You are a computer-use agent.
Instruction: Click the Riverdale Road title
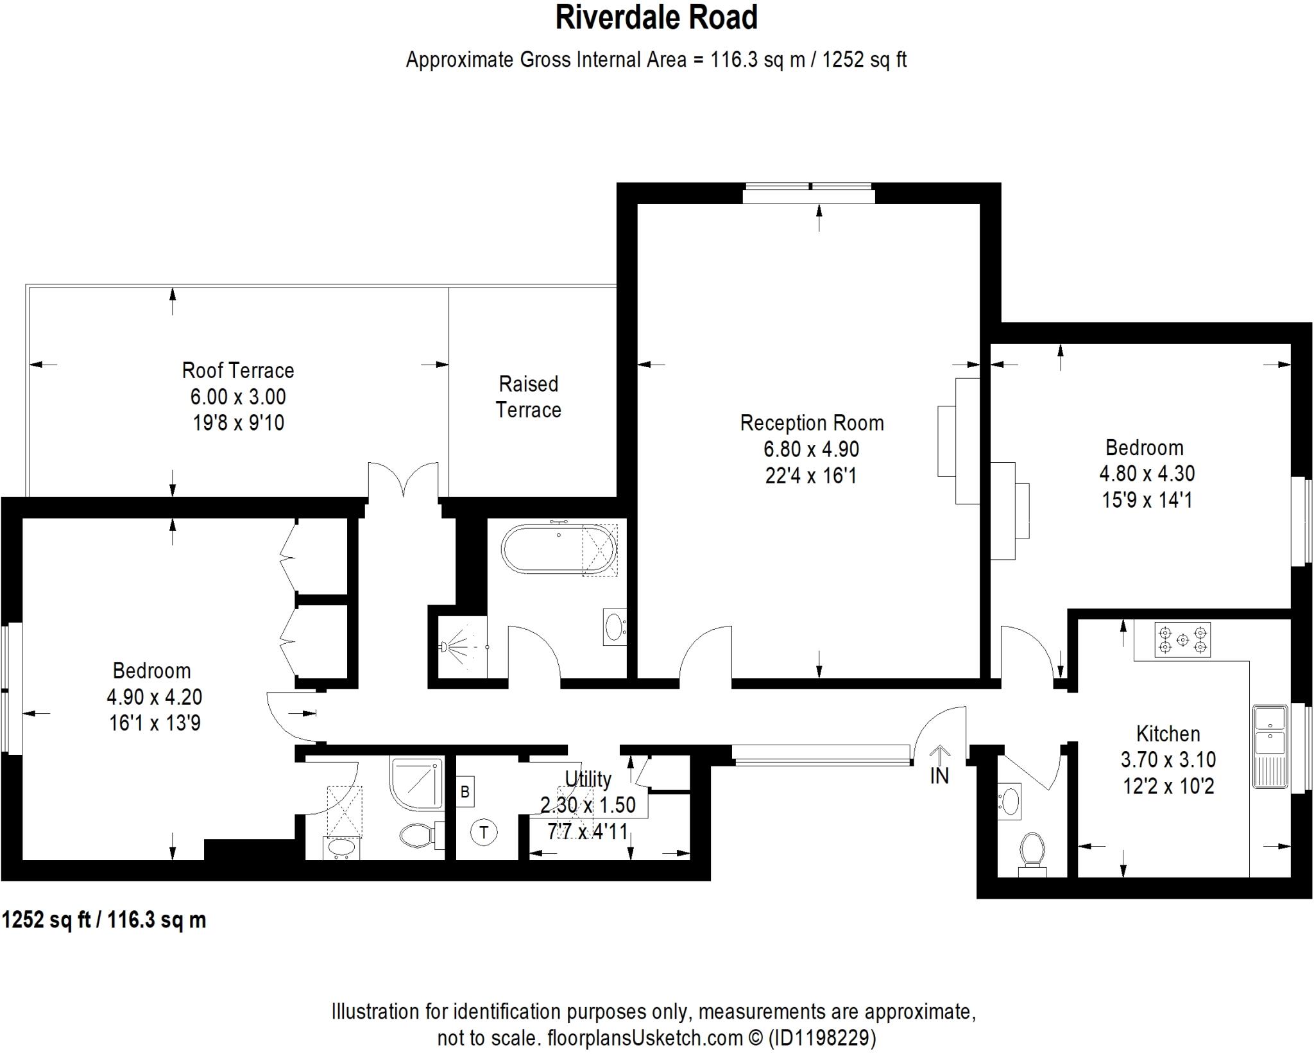point(656,18)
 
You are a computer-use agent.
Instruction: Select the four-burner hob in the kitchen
point(1182,639)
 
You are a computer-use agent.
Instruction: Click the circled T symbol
point(484,833)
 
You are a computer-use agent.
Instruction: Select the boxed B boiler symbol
point(465,791)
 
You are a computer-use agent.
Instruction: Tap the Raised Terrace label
point(528,397)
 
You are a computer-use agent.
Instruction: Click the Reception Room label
point(812,423)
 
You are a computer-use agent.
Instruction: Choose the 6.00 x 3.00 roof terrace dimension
point(237,397)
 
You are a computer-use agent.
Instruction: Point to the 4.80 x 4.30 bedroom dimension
point(1147,474)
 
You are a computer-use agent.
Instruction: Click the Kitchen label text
point(1168,734)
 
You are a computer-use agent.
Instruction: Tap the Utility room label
point(588,779)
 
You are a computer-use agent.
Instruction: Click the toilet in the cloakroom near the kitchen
point(1032,851)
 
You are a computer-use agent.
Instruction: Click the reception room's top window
point(808,193)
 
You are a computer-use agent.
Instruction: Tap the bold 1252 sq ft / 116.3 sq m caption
point(104,920)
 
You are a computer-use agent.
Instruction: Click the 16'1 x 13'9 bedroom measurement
point(155,723)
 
